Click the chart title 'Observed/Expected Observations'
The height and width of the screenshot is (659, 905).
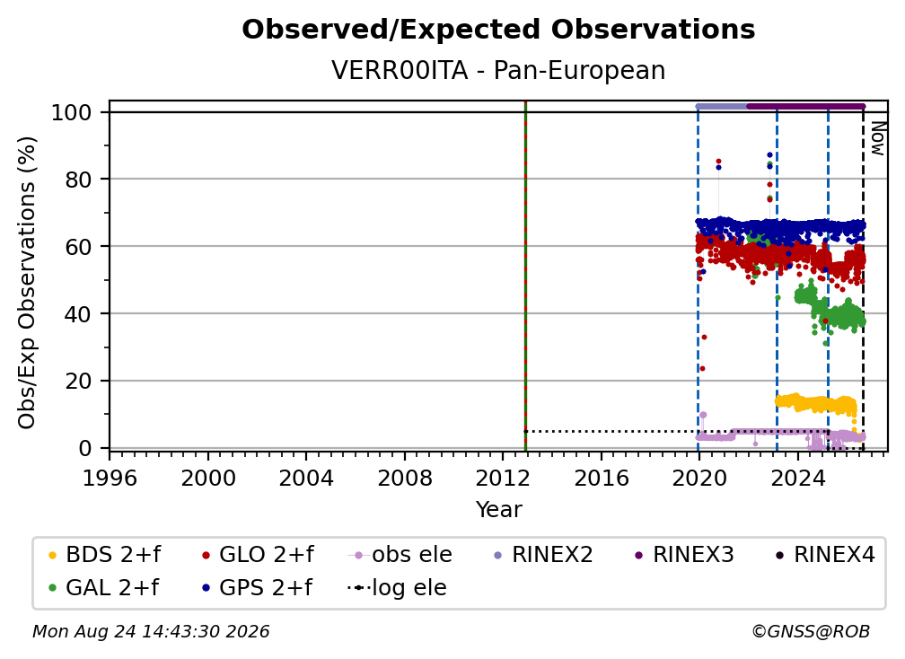[x=498, y=30]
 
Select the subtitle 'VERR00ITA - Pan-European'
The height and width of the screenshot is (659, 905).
[x=498, y=70]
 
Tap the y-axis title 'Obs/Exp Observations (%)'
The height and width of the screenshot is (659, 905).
[x=27, y=283]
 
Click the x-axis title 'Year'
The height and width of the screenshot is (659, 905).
[x=498, y=510]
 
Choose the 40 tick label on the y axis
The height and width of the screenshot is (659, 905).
[x=78, y=314]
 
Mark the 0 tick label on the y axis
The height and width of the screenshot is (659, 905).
[x=85, y=448]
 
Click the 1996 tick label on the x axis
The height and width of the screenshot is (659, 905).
[x=110, y=479]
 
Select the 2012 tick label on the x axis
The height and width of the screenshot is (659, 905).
[x=503, y=479]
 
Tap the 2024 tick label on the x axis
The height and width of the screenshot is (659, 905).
[x=797, y=479]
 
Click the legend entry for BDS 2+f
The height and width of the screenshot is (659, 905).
[x=104, y=555]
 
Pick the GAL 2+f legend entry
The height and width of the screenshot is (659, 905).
[x=103, y=588]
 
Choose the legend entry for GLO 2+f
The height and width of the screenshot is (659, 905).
[x=258, y=555]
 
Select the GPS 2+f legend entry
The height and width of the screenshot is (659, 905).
[x=257, y=588]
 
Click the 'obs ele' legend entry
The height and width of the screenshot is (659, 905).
[x=400, y=555]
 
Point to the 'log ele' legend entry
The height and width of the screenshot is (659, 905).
[x=397, y=588]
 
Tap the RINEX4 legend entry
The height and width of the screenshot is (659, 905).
[x=825, y=555]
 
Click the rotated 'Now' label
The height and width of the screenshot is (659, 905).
[x=878, y=138]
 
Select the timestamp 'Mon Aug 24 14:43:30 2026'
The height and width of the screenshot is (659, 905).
[x=151, y=632]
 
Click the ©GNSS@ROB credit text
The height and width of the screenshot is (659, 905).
[x=811, y=632]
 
